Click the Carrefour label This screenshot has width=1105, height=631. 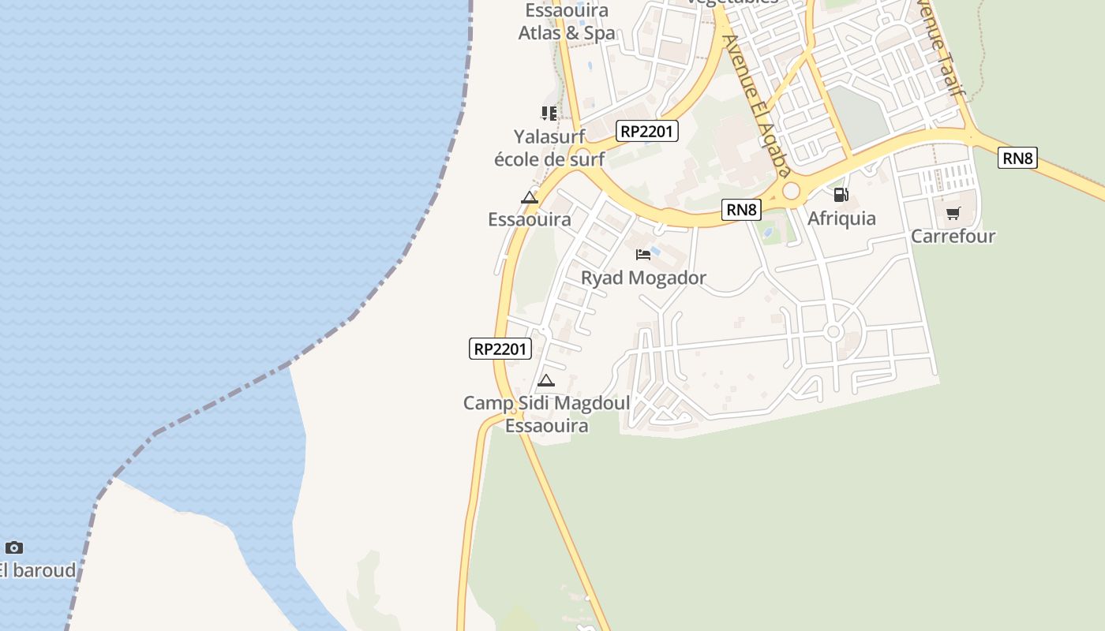click(x=953, y=236)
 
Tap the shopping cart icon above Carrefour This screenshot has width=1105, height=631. click(x=953, y=213)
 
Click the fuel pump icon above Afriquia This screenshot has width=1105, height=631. click(x=841, y=194)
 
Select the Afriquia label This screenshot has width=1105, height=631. click(x=841, y=218)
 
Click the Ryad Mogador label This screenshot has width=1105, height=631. click(x=643, y=278)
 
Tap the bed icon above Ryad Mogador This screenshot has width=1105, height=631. click(x=643, y=254)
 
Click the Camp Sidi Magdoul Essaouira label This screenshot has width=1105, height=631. click(x=546, y=414)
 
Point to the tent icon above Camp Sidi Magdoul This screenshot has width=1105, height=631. click(x=545, y=381)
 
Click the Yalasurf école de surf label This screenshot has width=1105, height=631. click(x=549, y=147)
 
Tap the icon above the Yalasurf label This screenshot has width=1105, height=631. click(x=549, y=113)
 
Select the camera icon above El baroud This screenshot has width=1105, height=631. click(x=14, y=547)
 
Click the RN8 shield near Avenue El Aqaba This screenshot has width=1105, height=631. click(x=742, y=209)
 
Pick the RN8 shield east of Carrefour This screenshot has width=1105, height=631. click(x=1017, y=158)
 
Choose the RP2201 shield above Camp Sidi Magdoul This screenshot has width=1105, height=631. click(x=500, y=349)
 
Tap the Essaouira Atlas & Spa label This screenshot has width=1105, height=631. click(x=567, y=22)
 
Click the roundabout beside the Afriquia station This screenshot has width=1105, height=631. click(x=791, y=191)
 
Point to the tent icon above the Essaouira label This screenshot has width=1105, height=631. click(x=530, y=197)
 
